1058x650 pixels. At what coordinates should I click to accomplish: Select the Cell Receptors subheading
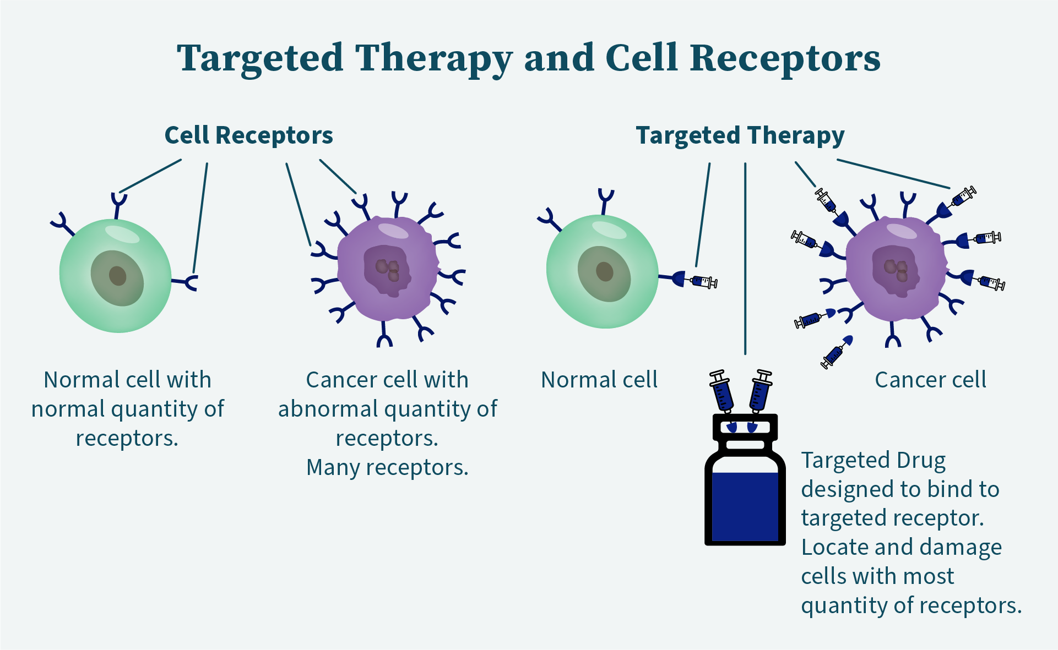(249, 135)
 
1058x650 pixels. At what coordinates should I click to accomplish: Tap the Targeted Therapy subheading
(740, 136)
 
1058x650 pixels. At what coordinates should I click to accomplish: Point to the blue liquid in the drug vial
(745, 506)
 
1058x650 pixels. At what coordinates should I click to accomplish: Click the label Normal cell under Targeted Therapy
(599, 380)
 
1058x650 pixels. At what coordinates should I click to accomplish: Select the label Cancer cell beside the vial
(931, 380)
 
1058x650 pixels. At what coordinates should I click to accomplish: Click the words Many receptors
(387, 468)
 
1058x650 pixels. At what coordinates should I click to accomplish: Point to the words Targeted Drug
(873, 461)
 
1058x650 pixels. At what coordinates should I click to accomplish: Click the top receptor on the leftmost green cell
(118, 205)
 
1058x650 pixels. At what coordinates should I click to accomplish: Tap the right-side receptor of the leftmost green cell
(186, 282)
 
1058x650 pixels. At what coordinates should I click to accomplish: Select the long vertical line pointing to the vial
(745, 259)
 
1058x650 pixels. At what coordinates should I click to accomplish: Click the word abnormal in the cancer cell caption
(328, 409)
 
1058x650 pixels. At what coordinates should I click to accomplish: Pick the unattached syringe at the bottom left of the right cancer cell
(837, 352)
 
